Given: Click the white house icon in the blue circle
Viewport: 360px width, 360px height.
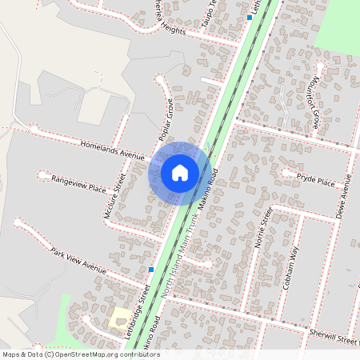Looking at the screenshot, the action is (180, 173).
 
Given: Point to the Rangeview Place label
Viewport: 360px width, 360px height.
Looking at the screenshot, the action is (78, 186).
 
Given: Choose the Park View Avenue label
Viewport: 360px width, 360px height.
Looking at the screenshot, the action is (78, 261).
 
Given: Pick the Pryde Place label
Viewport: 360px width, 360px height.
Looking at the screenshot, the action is (315, 181).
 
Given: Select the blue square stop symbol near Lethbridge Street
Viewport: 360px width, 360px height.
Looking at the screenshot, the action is (151, 270).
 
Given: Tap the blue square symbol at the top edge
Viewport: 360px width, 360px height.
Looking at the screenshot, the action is (250, 18).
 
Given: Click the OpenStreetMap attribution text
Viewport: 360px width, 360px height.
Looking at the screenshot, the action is (80, 354).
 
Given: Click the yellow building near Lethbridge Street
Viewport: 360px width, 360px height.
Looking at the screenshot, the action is (121, 317).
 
